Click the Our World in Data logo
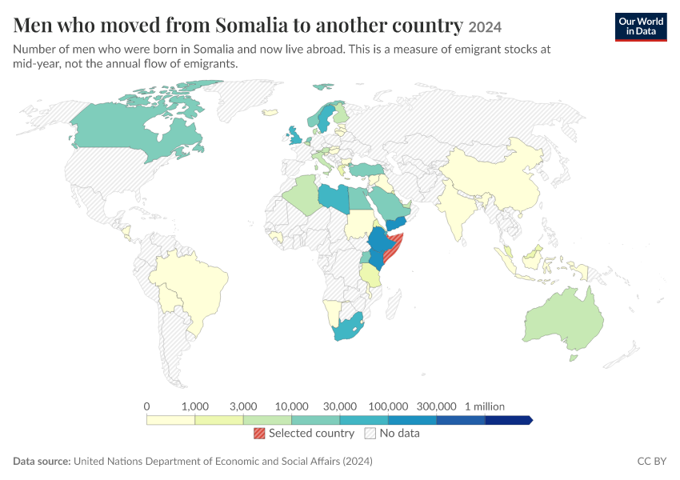pos(641,27)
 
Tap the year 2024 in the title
pos(485,27)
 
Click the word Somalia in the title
pos(251,25)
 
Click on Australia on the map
pos(564,321)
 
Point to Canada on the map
pos(126,130)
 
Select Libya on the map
pos(334,198)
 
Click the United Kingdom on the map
pos(296,136)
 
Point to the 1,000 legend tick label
pos(195,406)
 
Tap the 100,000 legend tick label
pos(388,406)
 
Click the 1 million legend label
pos(485,406)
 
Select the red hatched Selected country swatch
pos(259,433)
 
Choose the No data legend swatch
pos(370,433)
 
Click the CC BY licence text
pos(652,461)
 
